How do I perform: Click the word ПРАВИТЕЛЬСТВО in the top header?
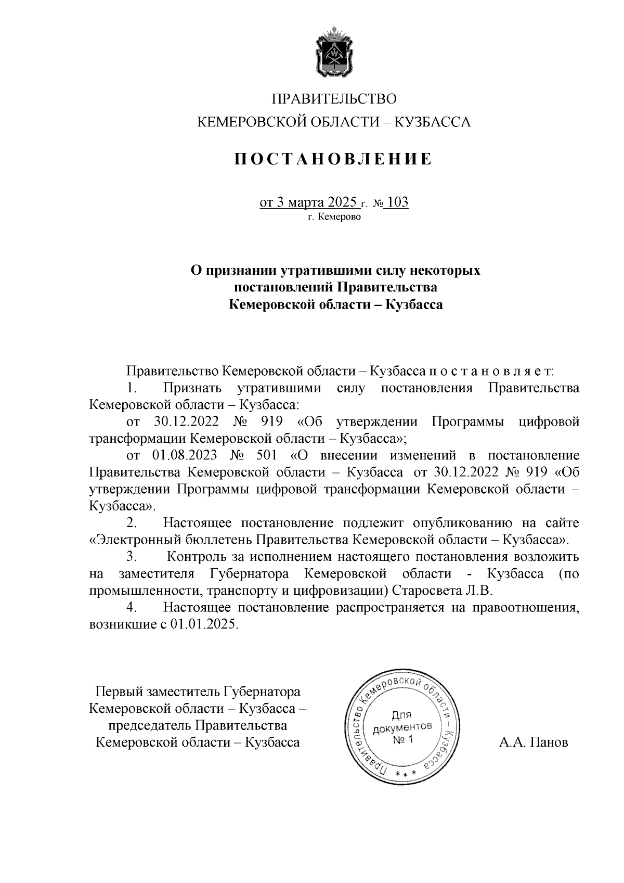tap(334, 98)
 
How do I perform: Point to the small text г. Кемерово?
tap(333, 217)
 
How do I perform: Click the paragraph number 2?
tap(132, 522)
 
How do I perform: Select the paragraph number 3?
tap(132, 557)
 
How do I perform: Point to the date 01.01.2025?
tap(204, 624)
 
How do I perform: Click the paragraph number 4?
tap(132, 607)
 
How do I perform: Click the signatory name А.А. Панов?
tap(534, 743)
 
